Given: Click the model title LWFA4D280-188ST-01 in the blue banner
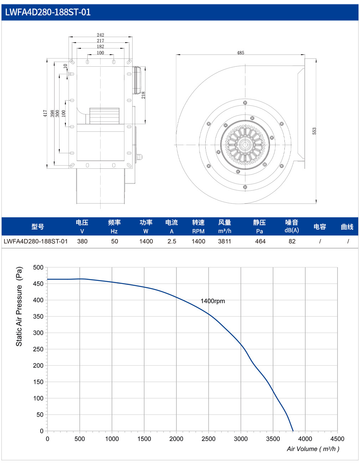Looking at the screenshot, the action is (48, 12).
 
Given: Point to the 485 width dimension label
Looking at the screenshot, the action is (240, 53).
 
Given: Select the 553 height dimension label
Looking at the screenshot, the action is (314, 131).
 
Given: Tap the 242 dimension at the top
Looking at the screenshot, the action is (101, 35).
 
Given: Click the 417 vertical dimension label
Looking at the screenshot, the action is (45, 113).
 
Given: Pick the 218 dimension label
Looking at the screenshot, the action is (143, 95).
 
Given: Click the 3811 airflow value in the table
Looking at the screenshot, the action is (225, 241).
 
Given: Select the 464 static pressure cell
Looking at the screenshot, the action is (260, 241).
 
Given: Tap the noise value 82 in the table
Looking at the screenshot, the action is (292, 241).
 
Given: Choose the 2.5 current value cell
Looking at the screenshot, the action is (172, 241).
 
